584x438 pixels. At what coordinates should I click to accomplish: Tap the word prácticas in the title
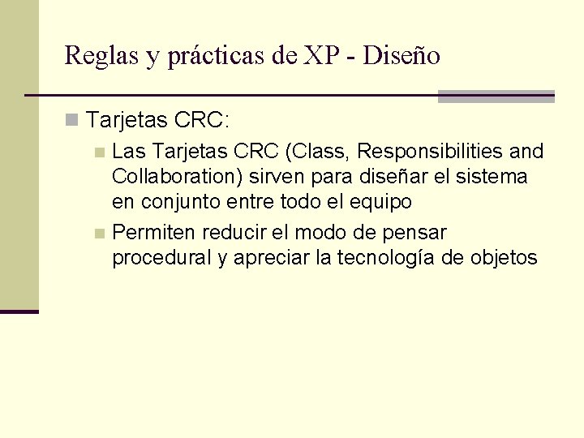pos(219,55)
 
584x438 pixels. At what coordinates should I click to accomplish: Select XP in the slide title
pos(321,55)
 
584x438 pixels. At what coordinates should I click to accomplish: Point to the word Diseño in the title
pos(401,55)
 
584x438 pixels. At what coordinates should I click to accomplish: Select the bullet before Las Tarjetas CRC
pos(99,152)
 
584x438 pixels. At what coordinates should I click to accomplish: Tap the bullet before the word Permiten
pos(99,234)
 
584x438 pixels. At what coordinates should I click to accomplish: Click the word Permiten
pos(154,233)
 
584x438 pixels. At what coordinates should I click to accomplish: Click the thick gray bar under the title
pos(496,96)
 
